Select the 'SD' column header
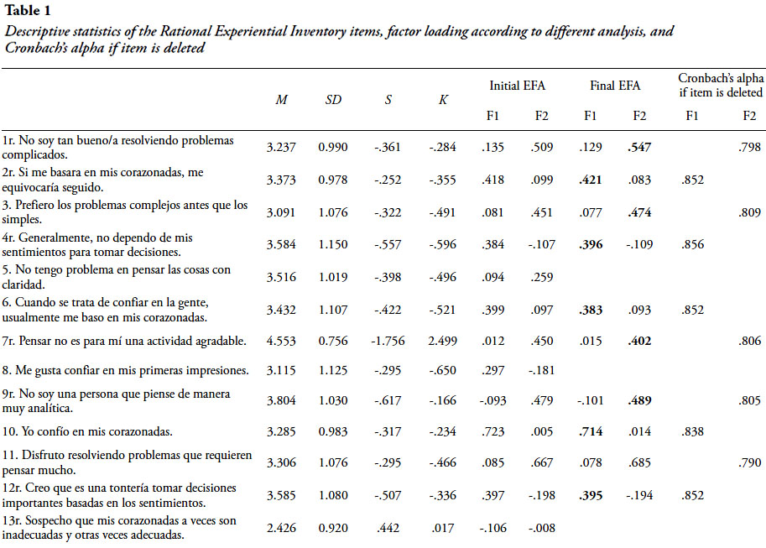point(333,99)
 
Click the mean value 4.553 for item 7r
point(281,341)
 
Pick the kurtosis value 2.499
point(442,341)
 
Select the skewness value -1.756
point(388,341)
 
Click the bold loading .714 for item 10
point(591,433)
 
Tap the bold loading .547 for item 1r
point(639,147)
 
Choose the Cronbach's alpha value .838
point(692,433)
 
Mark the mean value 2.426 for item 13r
point(281,527)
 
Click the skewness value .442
point(388,527)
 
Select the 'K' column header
point(442,99)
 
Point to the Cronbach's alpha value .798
point(748,147)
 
